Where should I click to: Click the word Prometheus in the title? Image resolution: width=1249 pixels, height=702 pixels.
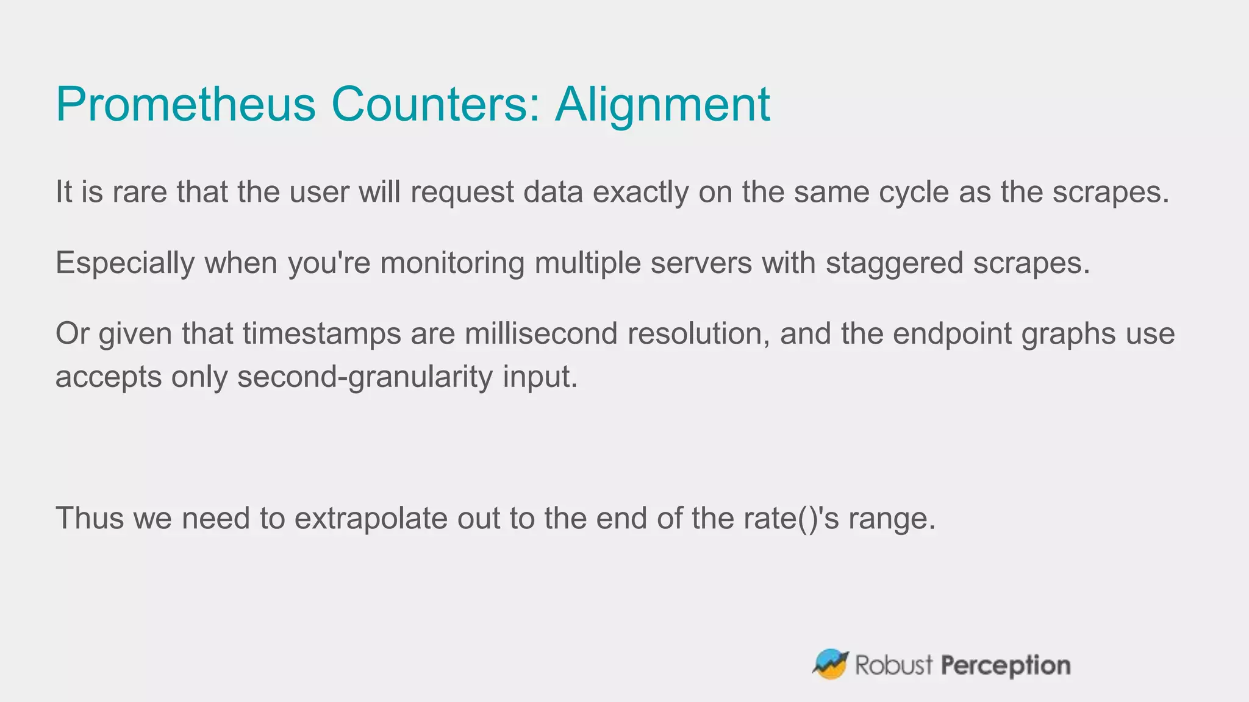[185, 104]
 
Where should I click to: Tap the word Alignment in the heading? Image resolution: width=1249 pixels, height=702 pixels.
[662, 104]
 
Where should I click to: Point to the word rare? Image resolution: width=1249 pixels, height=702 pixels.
[140, 192]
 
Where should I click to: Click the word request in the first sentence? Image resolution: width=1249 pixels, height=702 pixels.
[462, 192]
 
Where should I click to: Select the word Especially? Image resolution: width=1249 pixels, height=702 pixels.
[125, 263]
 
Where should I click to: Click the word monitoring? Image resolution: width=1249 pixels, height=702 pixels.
[453, 263]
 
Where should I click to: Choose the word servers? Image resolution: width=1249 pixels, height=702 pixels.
[701, 263]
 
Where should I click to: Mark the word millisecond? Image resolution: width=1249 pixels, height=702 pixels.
[541, 334]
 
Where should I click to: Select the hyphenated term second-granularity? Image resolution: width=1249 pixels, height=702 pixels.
[365, 377]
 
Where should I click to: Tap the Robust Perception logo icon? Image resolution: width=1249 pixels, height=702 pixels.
[830, 664]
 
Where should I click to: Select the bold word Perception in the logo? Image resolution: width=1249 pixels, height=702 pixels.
[1006, 665]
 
